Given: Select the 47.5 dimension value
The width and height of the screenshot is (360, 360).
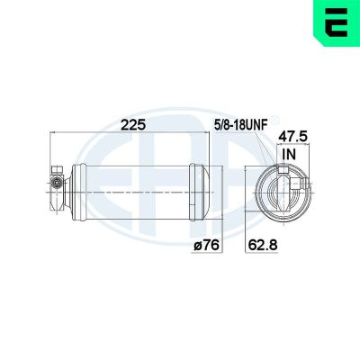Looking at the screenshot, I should [x=292, y=137].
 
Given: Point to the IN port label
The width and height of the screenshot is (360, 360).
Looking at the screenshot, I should [x=288, y=154].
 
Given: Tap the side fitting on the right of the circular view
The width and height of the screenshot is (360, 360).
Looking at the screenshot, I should [x=304, y=183].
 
